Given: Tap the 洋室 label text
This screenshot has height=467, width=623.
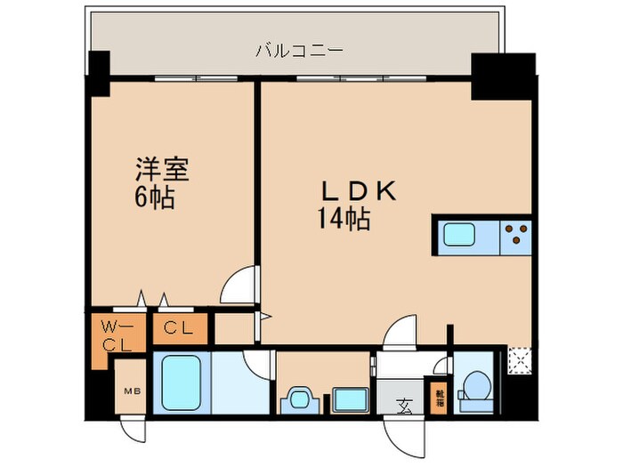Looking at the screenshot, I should (x=161, y=169).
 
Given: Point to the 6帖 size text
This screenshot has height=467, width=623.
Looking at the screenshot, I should (x=155, y=197).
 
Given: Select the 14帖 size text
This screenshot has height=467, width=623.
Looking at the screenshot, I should (x=345, y=218).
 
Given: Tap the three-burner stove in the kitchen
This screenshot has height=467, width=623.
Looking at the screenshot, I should (x=515, y=235).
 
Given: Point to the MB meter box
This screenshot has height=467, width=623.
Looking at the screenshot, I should (x=130, y=388).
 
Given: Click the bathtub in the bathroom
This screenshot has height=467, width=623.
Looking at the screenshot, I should (x=182, y=382).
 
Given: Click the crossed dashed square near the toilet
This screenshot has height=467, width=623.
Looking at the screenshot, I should (x=518, y=359).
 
